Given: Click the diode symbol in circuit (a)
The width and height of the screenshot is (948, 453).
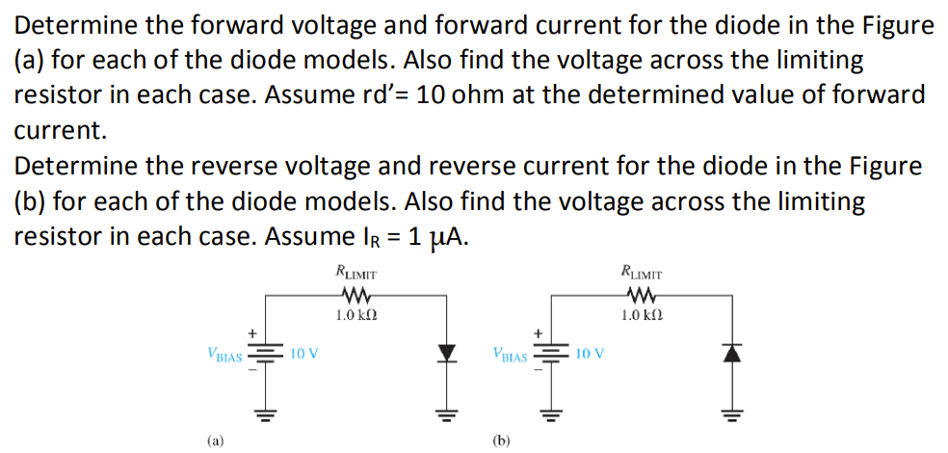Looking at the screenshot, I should click(445, 354).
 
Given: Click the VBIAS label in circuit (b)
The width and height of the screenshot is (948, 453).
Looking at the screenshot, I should click(510, 355).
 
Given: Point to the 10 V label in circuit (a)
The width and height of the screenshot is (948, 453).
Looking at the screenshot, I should click(303, 353).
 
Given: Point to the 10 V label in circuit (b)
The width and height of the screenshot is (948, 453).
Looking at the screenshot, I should click(589, 353).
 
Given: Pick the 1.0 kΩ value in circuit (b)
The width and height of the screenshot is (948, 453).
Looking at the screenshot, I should click(639, 315).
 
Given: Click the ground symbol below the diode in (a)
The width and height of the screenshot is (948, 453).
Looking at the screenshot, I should click(445, 416).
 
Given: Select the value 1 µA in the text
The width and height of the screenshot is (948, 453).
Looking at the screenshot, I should click(436, 237).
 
